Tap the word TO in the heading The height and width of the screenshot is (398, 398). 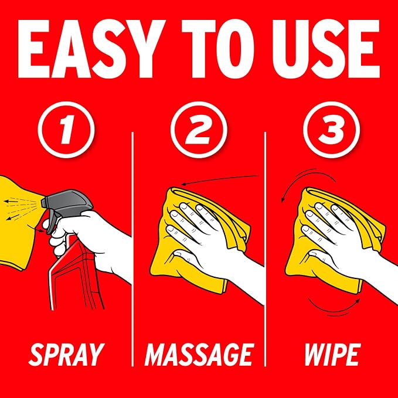pyautogui.click(x=218, y=49)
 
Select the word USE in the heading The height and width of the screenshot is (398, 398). pyautogui.click(x=326, y=49)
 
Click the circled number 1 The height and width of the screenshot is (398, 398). pyautogui.click(x=66, y=130)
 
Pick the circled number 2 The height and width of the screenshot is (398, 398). pyautogui.click(x=199, y=130)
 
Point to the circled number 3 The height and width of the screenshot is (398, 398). pyautogui.click(x=332, y=130)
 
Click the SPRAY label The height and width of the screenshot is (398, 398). pyautogui.click(x=66, y=355)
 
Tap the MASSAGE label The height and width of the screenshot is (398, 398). pyautogui.click(x=199, y=355)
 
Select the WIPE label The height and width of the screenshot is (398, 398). pyautogui.click(x=332, y=355)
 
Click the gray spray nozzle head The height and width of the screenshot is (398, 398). pyautogui.click(x=66, y=205)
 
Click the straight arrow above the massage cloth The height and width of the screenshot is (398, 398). pyautogui.click(x=220, y=179)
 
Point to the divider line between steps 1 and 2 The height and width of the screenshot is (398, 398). pyautogui.click(x=132, y=249)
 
